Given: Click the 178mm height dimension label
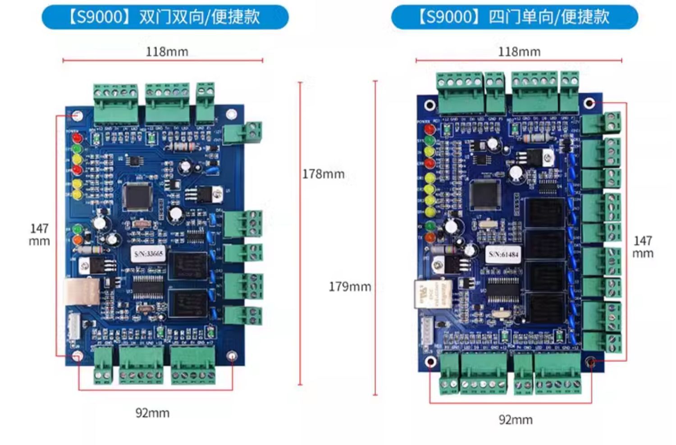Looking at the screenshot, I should click(x=323, y=174).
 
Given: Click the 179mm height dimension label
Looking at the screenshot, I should click(x=350, y=287).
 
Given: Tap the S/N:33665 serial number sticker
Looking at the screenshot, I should click(x=148, y=254).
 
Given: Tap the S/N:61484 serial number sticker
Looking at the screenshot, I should click(x=504, y=255).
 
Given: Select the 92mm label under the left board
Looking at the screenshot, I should click(x=152, y=413).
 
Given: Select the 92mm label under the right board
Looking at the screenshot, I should click(x=516, y=420).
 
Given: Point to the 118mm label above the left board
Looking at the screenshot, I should click(x=167, y=52).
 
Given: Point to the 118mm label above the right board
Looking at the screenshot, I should click(x=519, y=52).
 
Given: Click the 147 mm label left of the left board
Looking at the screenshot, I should click(x=39, y=234).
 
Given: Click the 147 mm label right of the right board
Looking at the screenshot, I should click(x=643, y=247).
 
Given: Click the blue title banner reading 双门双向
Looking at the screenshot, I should click(x=165, y=17).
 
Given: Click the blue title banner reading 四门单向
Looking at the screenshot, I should click(x=514, y=17).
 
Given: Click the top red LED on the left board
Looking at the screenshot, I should click(x=77, y=138).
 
